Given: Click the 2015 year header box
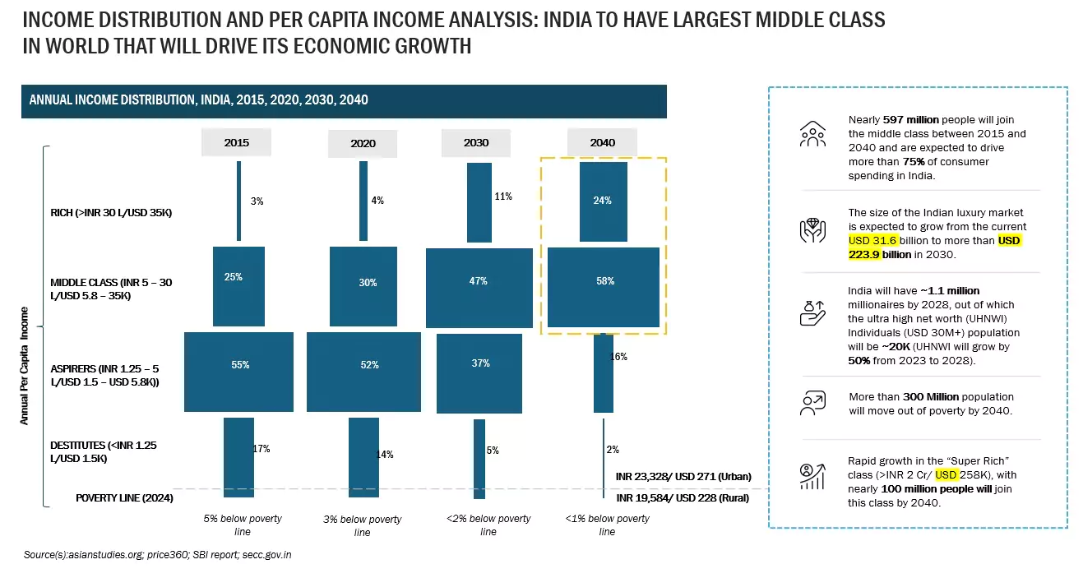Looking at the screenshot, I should [x=236, y=142].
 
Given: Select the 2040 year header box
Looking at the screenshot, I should [x=602, y=142].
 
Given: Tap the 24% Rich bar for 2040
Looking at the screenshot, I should [x=603, y=201].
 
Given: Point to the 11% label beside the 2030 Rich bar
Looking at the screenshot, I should [x=503, y=197].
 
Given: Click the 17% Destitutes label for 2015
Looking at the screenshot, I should [x=261, y=449].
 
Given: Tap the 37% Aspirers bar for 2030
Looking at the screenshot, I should [x=479, y=372].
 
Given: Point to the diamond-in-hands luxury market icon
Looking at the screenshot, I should [x=812, y=231].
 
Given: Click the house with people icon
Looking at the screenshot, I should [x=812, y=135].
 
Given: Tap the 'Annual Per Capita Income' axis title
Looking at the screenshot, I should [x=25, y=366].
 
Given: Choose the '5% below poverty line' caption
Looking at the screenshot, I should [x=243, y=525].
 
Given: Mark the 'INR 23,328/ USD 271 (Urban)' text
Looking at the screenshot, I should [x=683, y=477].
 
